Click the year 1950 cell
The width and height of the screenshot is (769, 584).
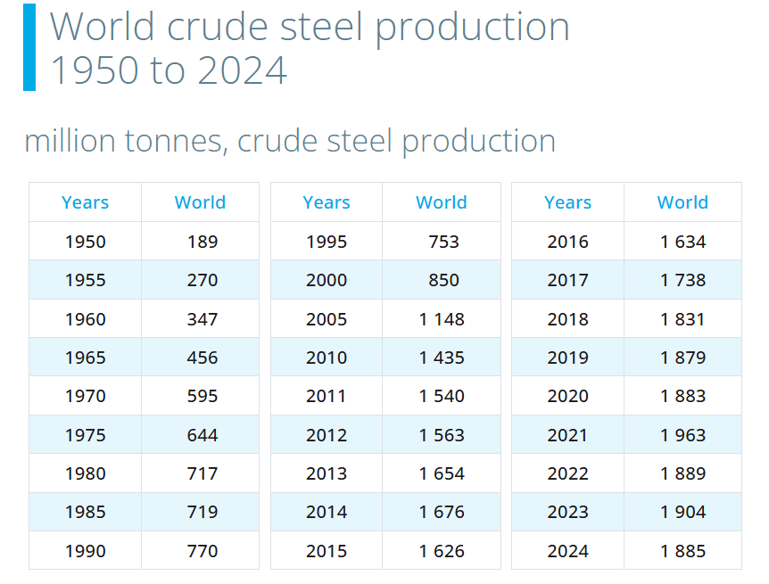click(x=85, y=242)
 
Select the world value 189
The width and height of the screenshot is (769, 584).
click(x=203, y=242)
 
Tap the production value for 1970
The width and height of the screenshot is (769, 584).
click(x=203, y=396)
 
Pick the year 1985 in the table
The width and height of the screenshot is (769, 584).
click(x=85, y=512)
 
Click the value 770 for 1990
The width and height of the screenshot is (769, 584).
click(x=203, y=551)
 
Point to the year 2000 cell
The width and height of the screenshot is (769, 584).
click(x=327, y=280)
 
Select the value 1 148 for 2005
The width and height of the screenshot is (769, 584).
click(x=442, y=319)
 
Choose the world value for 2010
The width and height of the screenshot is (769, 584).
click(x=442, y=358)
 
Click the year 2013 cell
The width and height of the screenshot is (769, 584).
click(x=327, y=473)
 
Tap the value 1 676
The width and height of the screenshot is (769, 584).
click(x=442, y=512)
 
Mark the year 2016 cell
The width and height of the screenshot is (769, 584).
click(x=567, y=242)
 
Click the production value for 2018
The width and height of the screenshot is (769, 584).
click(x=683, y=319)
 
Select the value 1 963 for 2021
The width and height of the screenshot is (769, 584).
click(x=683, y=435)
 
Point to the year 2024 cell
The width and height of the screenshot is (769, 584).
click(x=567, y=551)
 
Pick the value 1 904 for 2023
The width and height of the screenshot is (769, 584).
click(x=683, y=512)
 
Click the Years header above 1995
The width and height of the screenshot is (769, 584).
click(x=327, y=202)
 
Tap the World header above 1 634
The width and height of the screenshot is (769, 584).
click(x=683, y=202)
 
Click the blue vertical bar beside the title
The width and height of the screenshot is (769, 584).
click(x=29, y=47)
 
